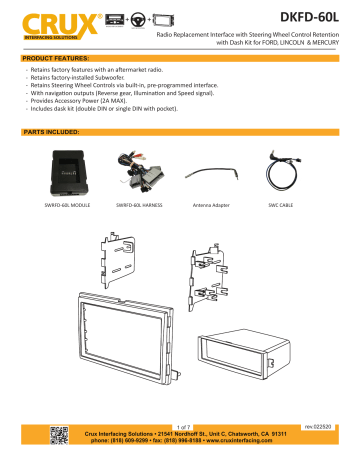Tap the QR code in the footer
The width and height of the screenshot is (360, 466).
pyautogui.click(x=59, y=434)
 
